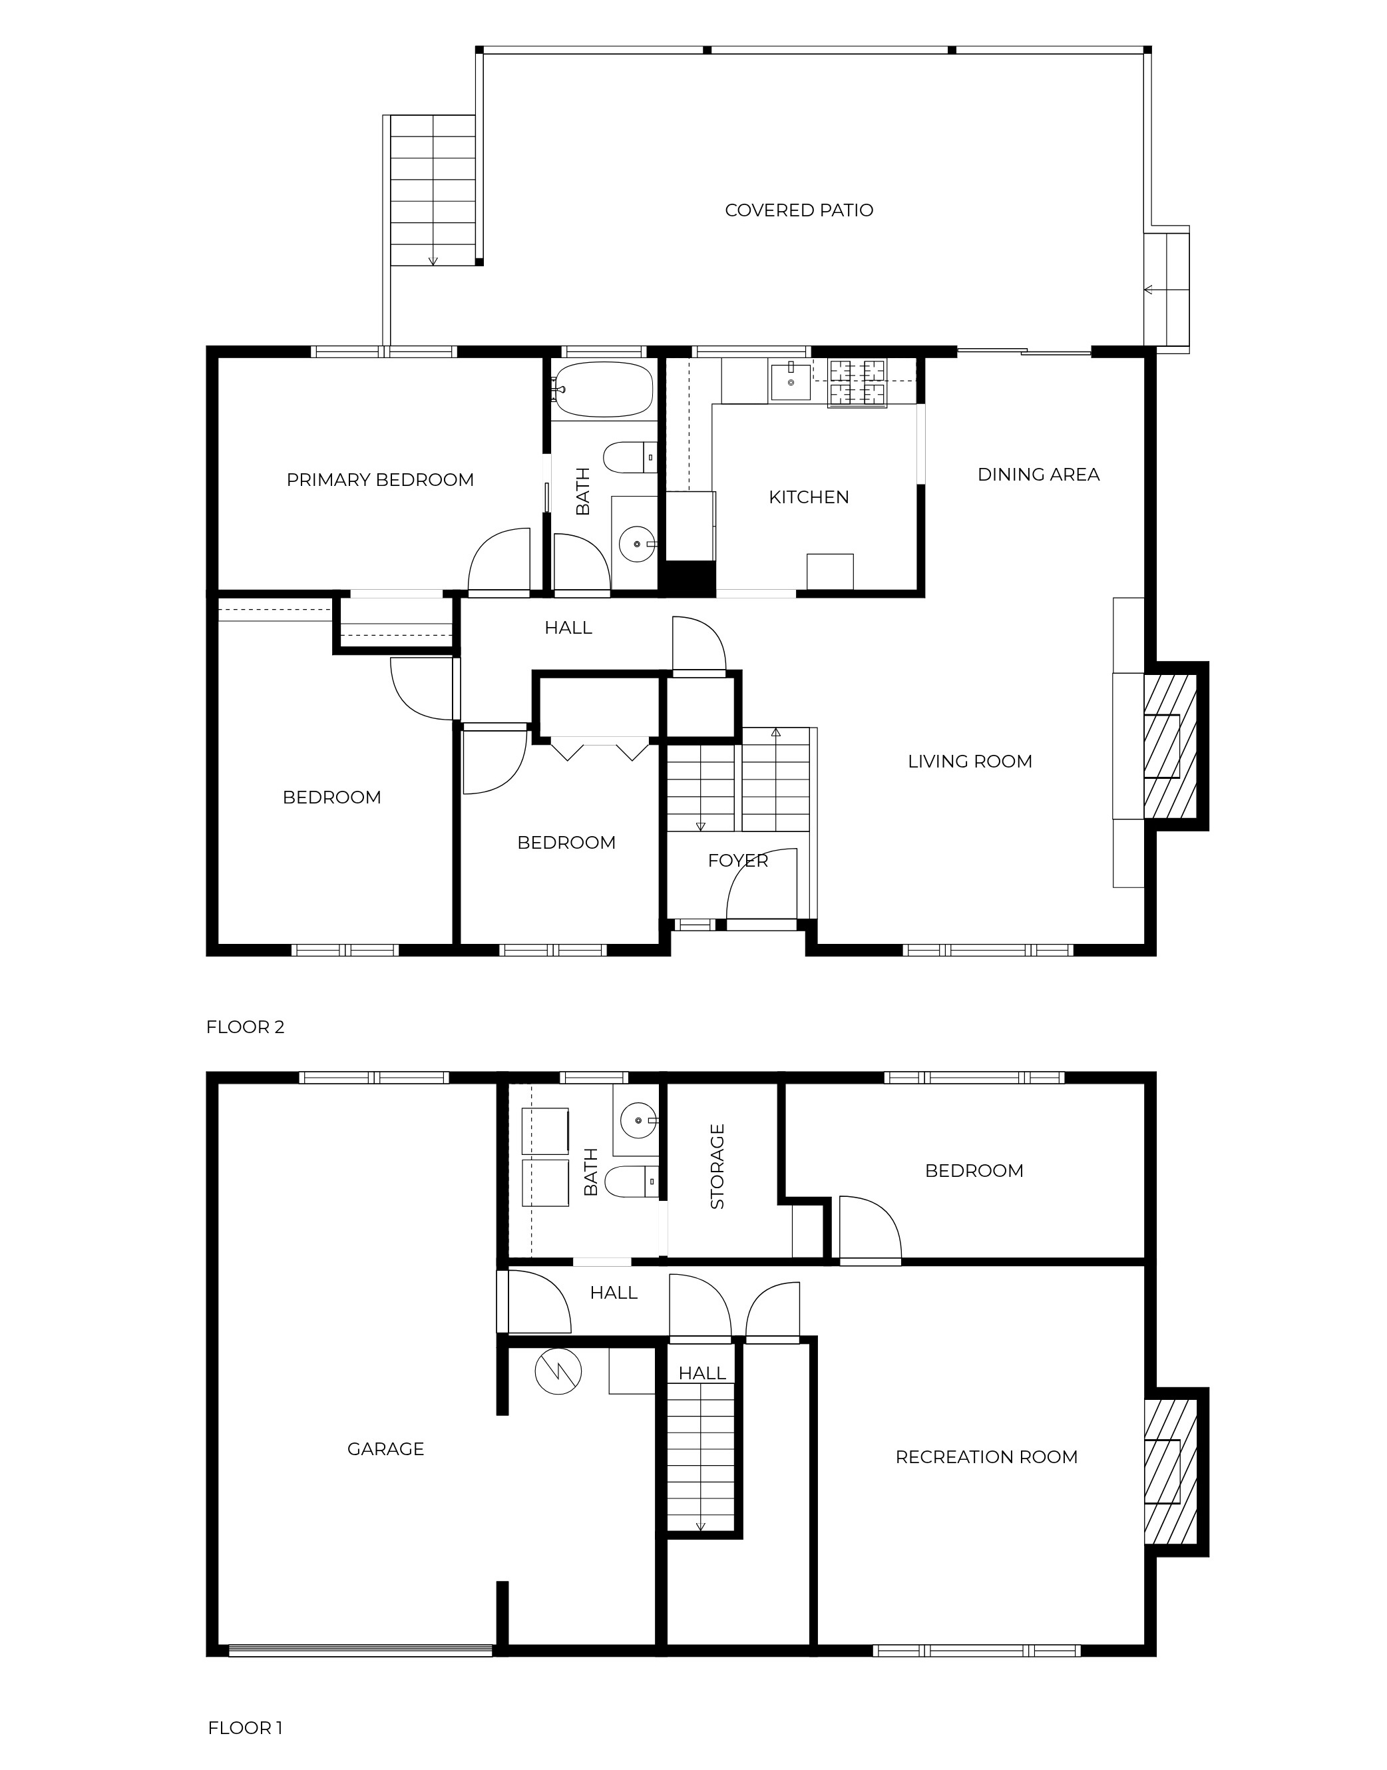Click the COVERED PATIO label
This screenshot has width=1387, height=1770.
point(799,210)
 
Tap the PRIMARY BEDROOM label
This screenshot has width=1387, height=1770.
point(380,480)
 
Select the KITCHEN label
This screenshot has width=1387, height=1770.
point(809,497)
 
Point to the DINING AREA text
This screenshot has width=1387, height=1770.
point(1039,475)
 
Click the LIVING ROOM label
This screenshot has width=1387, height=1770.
point(970,761)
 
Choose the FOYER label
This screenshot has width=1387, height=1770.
point(737,860)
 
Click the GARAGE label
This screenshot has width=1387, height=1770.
point(386,1449)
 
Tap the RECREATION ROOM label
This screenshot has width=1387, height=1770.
point(986,1457)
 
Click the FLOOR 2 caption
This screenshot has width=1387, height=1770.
point(245,1026)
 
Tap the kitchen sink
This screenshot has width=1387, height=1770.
point(790,382)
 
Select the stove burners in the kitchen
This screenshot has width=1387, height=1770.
point(857,383)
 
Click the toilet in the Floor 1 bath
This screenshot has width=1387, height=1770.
point(632,1182)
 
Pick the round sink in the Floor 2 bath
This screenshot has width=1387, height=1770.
point(637,543)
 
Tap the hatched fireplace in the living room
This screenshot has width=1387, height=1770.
point(1170,746)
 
